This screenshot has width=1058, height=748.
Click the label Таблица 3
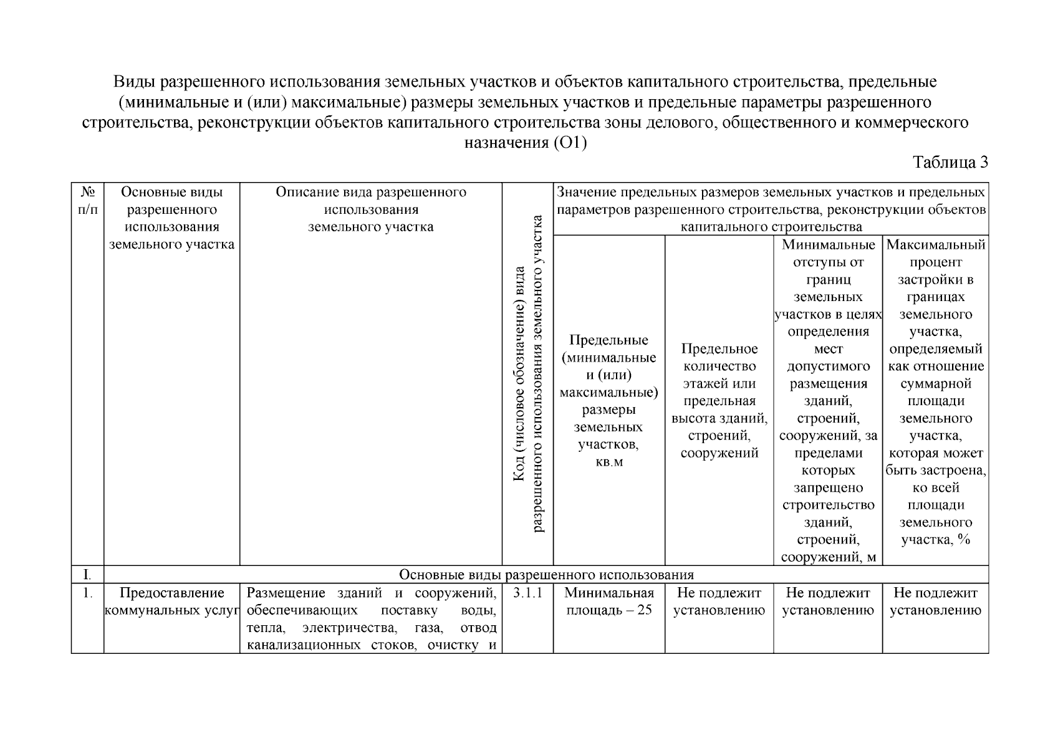950,163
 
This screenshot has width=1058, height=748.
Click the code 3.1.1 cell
527,593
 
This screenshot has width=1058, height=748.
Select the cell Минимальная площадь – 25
608,602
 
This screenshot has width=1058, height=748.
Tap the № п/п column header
87,201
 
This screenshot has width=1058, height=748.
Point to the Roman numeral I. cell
87,574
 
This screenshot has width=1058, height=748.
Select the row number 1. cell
87,593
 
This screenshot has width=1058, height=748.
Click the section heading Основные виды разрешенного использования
546,574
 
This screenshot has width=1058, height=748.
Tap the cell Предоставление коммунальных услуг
171,602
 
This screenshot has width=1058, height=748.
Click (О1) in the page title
570,143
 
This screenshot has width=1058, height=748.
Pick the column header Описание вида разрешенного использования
371,209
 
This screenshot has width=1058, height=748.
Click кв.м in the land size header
608,462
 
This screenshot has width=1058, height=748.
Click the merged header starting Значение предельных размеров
771,209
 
